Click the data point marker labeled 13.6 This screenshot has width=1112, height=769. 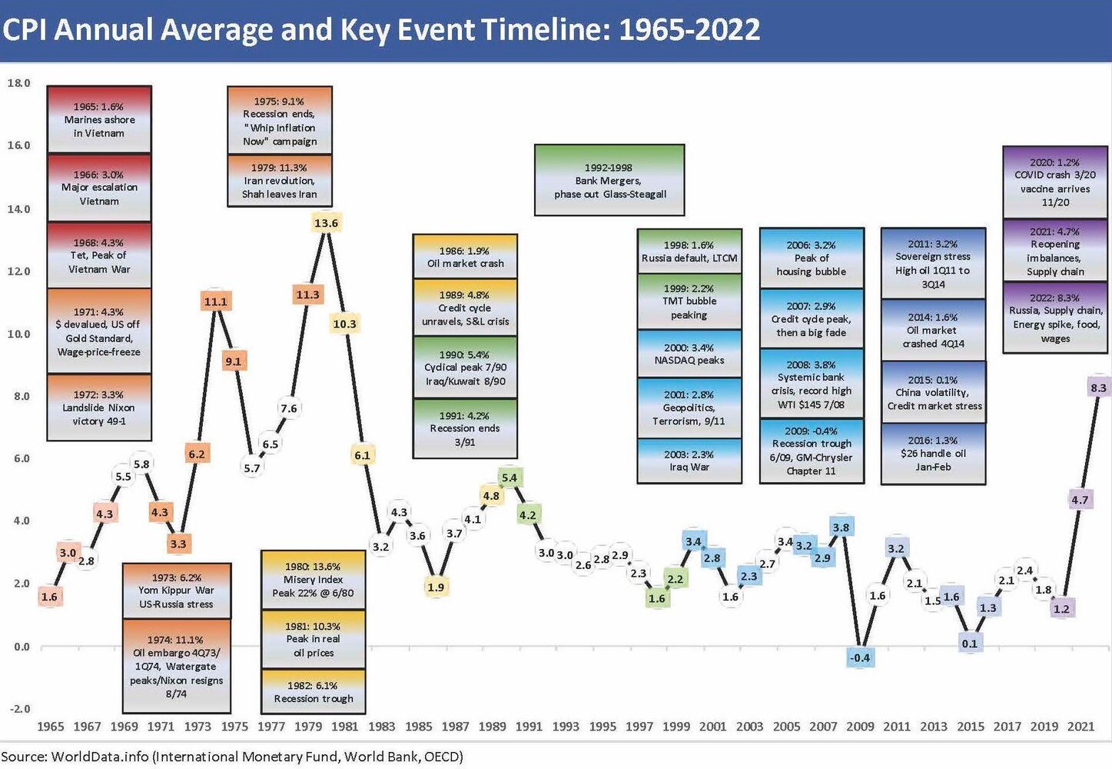326,223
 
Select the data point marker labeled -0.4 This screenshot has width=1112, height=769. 860,657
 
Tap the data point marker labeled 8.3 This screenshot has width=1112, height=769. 1098,388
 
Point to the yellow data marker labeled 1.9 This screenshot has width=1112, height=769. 436,587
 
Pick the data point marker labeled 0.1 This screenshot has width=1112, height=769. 970,643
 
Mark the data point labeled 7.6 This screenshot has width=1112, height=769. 289,408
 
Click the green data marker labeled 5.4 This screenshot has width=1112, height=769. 510,478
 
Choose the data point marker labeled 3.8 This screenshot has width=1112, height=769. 841,528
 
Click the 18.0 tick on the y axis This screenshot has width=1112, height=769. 18,83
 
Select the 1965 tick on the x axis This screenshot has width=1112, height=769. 51,726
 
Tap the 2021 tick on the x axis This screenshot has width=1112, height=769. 1080,726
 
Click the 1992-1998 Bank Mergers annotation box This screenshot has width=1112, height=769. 609,180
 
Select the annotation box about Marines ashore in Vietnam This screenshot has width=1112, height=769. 99,119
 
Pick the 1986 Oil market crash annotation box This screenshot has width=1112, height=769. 465,256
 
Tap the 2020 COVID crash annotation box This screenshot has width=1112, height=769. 1054,182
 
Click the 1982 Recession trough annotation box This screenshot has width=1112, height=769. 314,691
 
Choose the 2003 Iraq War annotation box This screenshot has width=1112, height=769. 689,461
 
